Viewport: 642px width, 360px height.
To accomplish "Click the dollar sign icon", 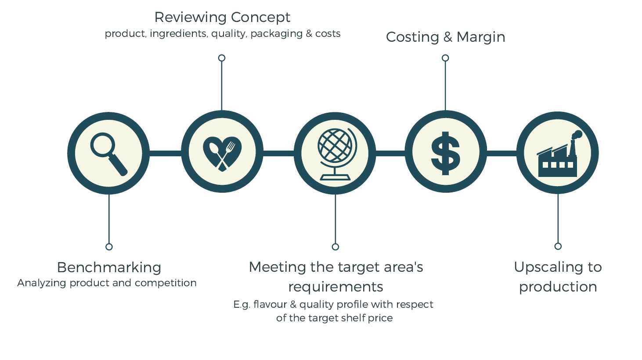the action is tap(445, 153).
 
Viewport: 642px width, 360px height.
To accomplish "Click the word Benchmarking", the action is tap(109, 267).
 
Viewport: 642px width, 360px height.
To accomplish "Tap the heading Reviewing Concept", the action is tap(222, 17).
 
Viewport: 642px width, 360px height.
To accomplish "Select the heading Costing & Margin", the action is tap(445, 37).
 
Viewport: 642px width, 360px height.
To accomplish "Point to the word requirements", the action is tap(335, 287).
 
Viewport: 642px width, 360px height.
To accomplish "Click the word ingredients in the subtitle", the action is tap(178, 34).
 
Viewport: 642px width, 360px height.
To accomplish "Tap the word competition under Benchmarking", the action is tap(166, 283).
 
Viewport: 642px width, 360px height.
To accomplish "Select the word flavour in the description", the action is tap(270, 304).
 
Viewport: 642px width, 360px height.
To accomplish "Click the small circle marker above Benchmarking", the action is tap(109, 247).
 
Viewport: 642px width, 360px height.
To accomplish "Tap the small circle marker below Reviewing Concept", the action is tap(222, 58).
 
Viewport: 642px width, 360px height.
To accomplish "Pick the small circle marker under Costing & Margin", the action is tap(445, 58).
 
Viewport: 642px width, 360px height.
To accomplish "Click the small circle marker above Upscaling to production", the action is tap(558, 246).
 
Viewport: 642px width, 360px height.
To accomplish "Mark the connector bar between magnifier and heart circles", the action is tap(166, 153).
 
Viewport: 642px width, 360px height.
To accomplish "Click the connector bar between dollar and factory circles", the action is tap(502, 153).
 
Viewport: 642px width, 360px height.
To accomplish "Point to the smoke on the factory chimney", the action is tap(577, 135).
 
